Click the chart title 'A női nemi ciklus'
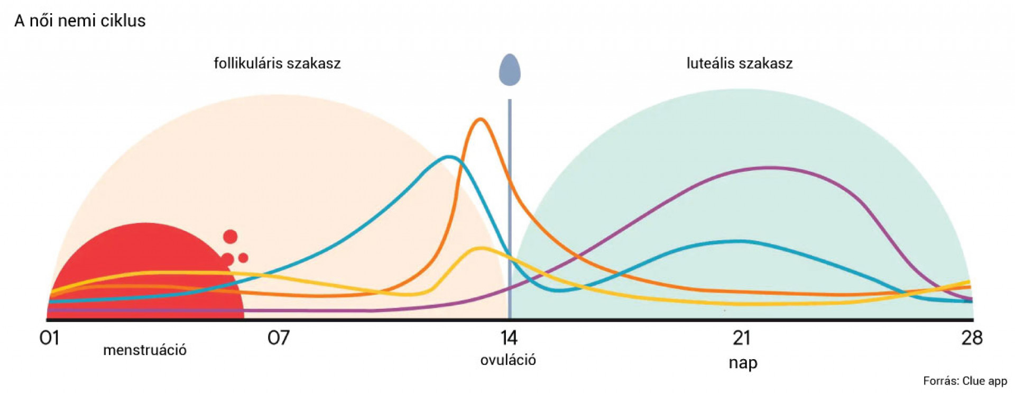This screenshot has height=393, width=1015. [80, 21]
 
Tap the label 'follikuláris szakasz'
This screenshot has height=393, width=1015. [277, 63]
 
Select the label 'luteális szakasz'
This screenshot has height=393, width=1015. [739, 63]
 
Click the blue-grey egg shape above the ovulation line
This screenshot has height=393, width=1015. [510, 70]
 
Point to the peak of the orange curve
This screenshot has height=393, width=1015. [480, 119]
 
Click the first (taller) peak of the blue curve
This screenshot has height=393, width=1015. [449, 157]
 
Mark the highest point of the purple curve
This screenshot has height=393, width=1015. [769, 168]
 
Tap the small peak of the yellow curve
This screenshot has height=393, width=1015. [481, 248]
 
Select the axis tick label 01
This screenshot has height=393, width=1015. [49, 337]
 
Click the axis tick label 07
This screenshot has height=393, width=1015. [278, 337]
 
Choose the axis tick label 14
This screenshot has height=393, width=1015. [509, 337]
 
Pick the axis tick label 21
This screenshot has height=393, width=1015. [741, 337]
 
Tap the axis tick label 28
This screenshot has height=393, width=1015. [972, 337]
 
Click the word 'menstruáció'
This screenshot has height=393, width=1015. [145, 350]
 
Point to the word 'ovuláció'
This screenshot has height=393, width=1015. [508, 360]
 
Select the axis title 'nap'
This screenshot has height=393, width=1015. [743, 363]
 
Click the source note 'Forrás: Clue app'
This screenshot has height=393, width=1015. [965, 381]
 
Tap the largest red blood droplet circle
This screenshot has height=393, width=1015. [230, 236]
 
